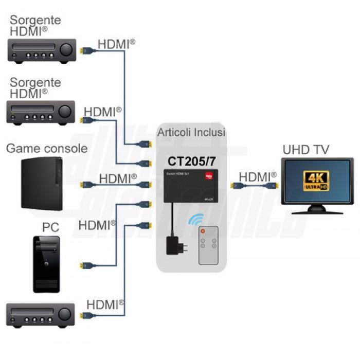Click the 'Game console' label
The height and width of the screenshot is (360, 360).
47,148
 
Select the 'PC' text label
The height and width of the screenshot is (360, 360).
50,227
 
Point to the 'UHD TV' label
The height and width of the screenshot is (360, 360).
306,150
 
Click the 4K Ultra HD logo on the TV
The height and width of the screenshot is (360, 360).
317,181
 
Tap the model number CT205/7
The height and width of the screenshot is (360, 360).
191,160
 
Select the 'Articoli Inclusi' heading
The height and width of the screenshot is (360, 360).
191,133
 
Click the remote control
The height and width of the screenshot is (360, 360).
208,246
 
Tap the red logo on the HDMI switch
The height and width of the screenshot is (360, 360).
209,175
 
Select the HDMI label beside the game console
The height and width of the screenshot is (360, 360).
118,178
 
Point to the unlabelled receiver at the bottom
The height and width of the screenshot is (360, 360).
40,315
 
